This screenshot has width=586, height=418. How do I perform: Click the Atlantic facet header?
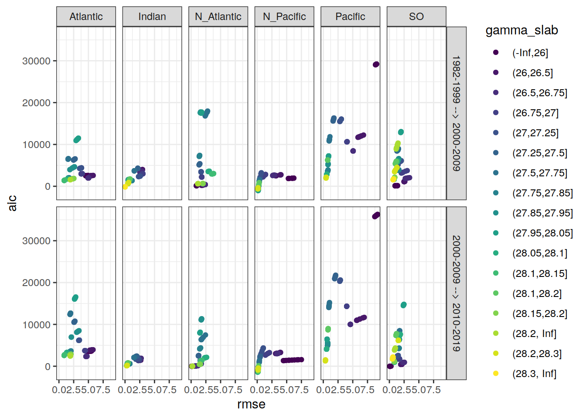(x=86, y=17)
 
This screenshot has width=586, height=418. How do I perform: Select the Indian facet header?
(x=152, y=17)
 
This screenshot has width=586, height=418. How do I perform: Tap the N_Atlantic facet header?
(x=218, y=17)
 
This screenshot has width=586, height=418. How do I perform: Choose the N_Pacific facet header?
(x=284, y=17)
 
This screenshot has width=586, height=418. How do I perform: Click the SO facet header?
(x=416, y=17)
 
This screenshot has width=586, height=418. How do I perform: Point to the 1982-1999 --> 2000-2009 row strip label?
(x=456, y=113)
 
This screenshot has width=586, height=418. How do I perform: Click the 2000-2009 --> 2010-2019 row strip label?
(x=456, y=293)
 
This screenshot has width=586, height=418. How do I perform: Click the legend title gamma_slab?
(x=521, y=30)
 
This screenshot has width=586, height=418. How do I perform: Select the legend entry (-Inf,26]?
(x=530, y=53)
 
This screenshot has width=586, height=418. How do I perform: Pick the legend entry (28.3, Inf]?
(x=534, y=374)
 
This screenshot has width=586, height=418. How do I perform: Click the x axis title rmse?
(x=251, y=405)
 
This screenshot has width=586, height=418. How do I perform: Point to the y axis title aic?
(x=12, y=203)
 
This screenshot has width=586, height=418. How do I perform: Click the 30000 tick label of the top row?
(x=36, y=61)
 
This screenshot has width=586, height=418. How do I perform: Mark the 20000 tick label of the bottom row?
(x=36, y=283)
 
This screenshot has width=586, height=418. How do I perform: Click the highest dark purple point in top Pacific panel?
(x=376, y=64)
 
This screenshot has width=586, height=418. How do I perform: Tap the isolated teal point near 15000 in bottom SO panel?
(x=403, y=305)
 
